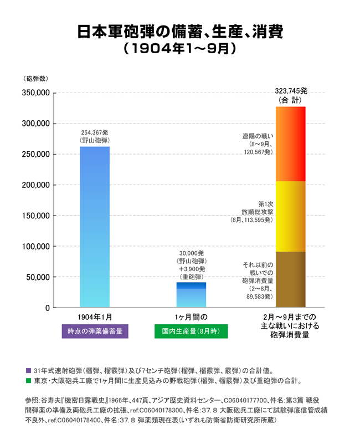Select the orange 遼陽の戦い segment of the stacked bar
pos(290,144)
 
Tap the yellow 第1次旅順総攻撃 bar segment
pos(290,216)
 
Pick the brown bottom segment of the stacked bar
pos(290,279)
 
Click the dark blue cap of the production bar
pos(191,285)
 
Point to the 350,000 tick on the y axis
pos(35,93)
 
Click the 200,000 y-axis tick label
pos(35,185)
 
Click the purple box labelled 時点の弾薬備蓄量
pos(95,331)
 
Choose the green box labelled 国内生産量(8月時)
pos(191,331)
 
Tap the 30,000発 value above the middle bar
pos(191,253)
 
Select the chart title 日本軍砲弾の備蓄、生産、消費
pos(180,32)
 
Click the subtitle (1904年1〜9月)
pos(180,49)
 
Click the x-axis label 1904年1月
pos(95,317)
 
